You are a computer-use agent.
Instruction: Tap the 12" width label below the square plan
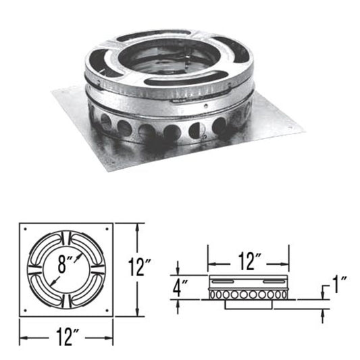pos(66,333)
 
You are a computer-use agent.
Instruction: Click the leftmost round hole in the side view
pos(213,294)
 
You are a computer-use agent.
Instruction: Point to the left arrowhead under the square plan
pos(22,333)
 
